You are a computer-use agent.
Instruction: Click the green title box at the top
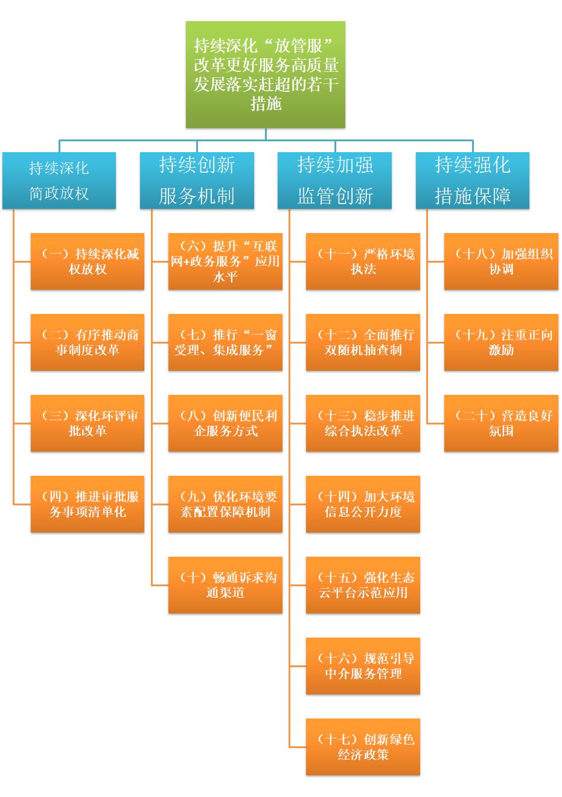tap(266, 75)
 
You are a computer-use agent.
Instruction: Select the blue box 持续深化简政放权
tap(59, 181)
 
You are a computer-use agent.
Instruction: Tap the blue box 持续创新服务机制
tap(197, 181)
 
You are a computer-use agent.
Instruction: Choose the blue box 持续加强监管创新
tap(334, 181)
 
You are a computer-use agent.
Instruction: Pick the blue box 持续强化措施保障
tap(472, 181)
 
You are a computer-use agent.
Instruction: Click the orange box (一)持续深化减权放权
tap(88, 261)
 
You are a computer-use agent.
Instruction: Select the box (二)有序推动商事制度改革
tap(88, 342)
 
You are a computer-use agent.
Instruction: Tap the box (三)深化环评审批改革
tap(88, 423)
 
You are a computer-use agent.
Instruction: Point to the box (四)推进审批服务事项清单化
tap(88, 504)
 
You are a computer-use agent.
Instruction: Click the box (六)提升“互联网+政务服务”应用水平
tap(225, 261)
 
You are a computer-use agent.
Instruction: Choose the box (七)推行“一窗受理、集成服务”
tap(225, 342)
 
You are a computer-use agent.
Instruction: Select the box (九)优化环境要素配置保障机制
tap(225, 504)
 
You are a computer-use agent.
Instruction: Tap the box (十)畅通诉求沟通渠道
tap(225, 585)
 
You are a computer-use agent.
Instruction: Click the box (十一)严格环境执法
tap(363, 261)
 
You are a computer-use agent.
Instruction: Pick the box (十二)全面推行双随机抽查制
tap(363, 342)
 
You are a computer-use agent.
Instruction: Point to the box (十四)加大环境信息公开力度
tap(363, 504)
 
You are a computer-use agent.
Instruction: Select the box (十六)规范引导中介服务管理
tap(363, 666)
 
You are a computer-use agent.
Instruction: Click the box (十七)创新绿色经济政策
tap(363, 747)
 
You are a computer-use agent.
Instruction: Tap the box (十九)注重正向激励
tap(501, 342)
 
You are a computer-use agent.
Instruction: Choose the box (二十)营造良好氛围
tap(501, 423)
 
